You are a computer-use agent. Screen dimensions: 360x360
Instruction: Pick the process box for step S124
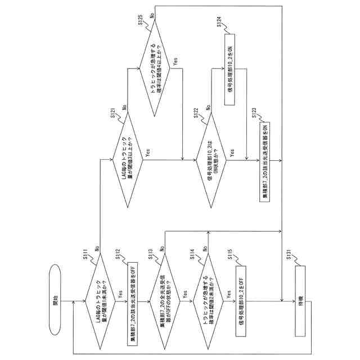click(x=231, y=70)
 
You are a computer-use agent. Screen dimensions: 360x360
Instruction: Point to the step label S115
click(x=231, y=256)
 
